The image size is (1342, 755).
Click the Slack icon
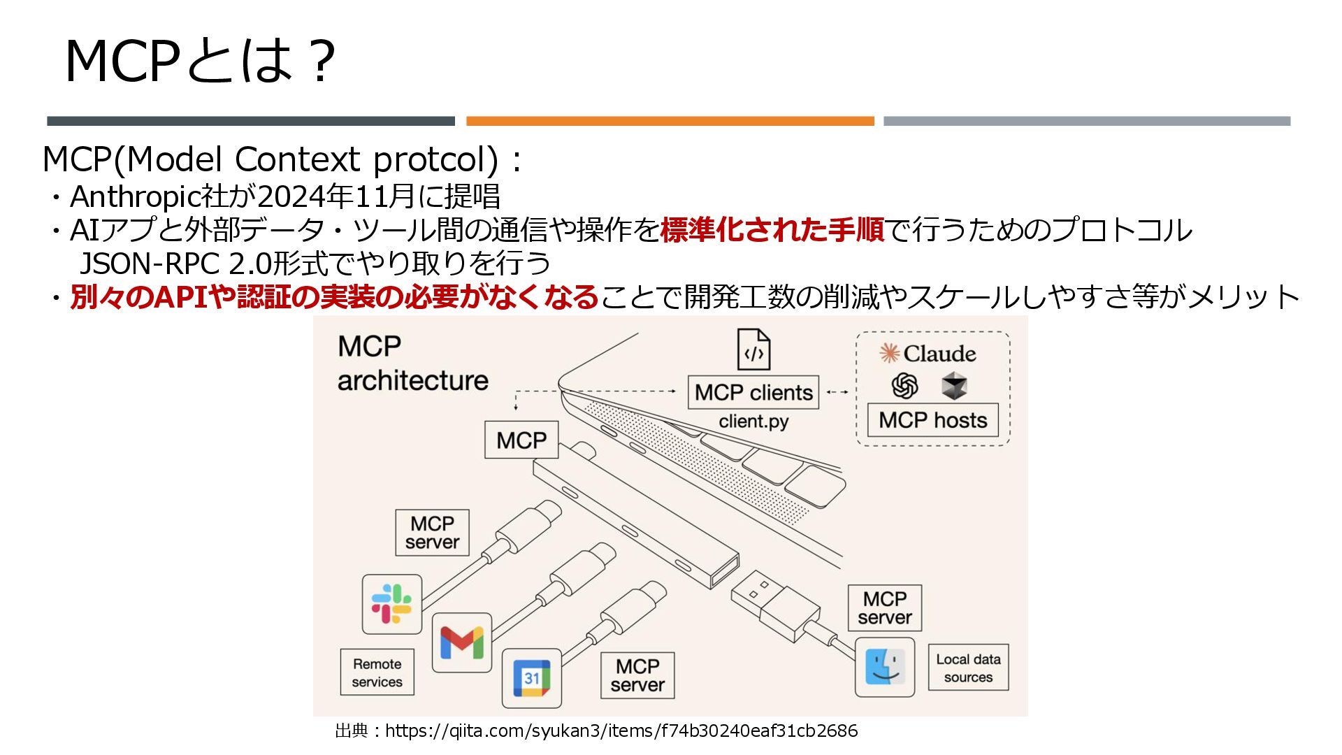391,604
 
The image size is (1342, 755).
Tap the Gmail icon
461,642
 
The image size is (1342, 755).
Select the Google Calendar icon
532,677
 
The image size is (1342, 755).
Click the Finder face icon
885,666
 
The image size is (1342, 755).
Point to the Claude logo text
928,354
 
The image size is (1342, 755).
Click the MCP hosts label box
932,420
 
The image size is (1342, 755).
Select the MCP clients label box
753,393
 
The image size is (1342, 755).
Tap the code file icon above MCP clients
753,350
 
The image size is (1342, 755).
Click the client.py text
753,422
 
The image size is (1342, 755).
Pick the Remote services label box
377,673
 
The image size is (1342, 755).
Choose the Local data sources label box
968,668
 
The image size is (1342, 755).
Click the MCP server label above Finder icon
884,608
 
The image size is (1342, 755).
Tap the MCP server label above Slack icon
432,533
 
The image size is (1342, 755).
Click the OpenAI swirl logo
904,385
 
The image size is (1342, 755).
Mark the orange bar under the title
670,121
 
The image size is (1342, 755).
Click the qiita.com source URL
621,731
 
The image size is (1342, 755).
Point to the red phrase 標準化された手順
772,230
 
